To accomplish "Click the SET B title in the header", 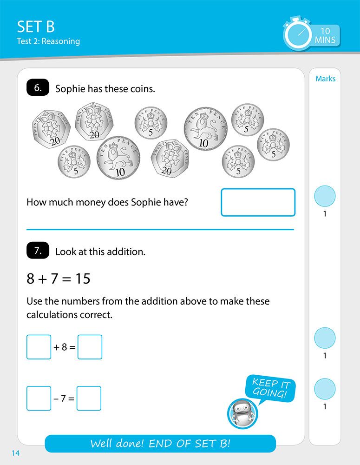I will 36,26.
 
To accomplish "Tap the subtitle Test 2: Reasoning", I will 48,41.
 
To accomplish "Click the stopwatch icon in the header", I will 297,34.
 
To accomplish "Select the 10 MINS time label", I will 325,35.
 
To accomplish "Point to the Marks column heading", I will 325,79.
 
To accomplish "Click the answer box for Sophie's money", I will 258,202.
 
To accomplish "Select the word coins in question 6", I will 144,89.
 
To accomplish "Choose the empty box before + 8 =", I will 39,347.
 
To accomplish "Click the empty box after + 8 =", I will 90,347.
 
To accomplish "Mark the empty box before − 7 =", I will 39,398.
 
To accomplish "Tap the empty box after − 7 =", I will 89,398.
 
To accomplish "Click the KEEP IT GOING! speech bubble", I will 269,389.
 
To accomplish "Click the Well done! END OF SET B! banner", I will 160,444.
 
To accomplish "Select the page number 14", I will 15,453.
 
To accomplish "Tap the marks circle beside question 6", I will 325,196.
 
